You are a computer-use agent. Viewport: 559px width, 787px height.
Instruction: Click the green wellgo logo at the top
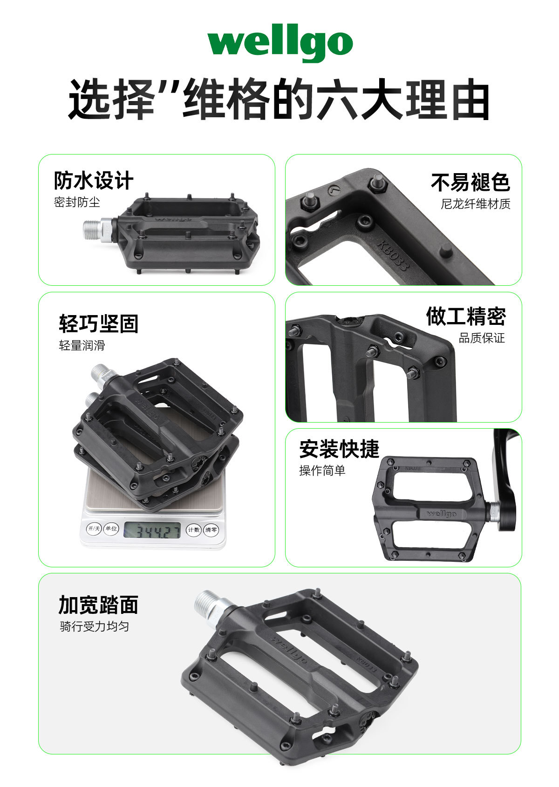click(280, 43)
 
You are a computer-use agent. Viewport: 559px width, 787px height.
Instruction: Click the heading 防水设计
click(94, 180)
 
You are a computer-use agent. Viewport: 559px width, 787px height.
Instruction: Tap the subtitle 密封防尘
click(77, 202)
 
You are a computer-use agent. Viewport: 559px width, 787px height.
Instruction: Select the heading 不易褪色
click(470, 182)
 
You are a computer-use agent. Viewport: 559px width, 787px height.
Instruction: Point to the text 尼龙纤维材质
click(476, 204)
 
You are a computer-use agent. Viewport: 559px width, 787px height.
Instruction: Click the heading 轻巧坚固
click(99, 323)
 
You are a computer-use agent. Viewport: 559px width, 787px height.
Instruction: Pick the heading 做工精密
click(466, 316)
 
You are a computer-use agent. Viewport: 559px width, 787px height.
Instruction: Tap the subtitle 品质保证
click(482, 338)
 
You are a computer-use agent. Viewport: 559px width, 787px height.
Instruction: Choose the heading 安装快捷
click(339, 449)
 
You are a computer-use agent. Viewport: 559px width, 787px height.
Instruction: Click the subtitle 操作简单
click(322, 471)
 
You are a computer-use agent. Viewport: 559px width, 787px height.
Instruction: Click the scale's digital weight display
click(152, 530)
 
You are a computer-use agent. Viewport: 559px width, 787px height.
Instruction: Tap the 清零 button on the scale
click(211, 530)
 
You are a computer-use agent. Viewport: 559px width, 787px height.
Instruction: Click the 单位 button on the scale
click(111, 529)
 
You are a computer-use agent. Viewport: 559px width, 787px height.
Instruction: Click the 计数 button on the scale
click(194, 530)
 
